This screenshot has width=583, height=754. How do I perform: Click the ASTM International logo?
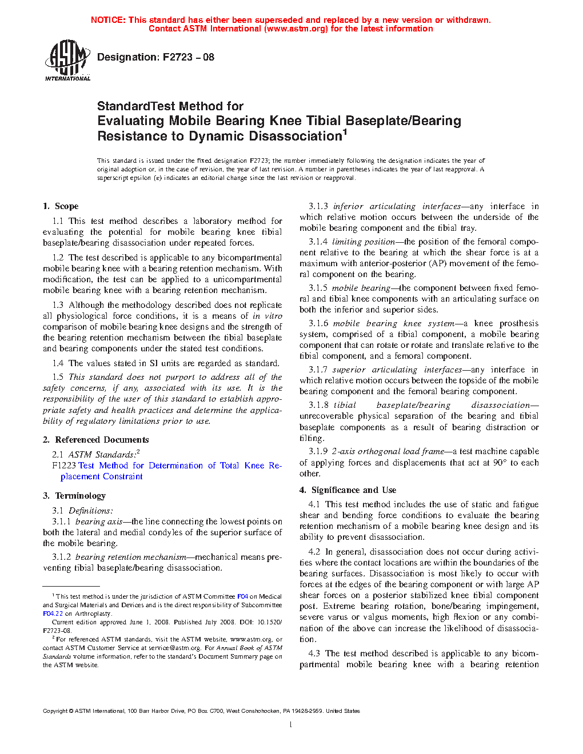[x=67, y=59]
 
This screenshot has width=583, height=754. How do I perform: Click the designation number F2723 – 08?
[x=188, y=57]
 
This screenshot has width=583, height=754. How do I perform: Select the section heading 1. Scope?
[x=61, y=206]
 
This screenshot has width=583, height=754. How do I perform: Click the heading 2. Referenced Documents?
[x=96, y=440]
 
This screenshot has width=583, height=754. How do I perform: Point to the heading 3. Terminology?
[x=74, y=496]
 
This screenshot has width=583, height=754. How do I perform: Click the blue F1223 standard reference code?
[x=63, y=466]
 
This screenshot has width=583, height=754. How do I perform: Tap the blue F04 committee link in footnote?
[x=242, y=596]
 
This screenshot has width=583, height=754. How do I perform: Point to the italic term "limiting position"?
[x=364, y=242]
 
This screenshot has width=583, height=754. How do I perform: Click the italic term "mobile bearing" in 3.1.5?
[x=361, y=288]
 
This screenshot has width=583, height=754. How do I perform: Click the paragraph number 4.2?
[x=314, y=552]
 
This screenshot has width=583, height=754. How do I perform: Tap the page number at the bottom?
[x=291, y=725]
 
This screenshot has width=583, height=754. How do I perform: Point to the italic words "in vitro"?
[x=267, y=316]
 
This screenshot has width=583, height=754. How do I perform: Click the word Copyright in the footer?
[x=55, y=711]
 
